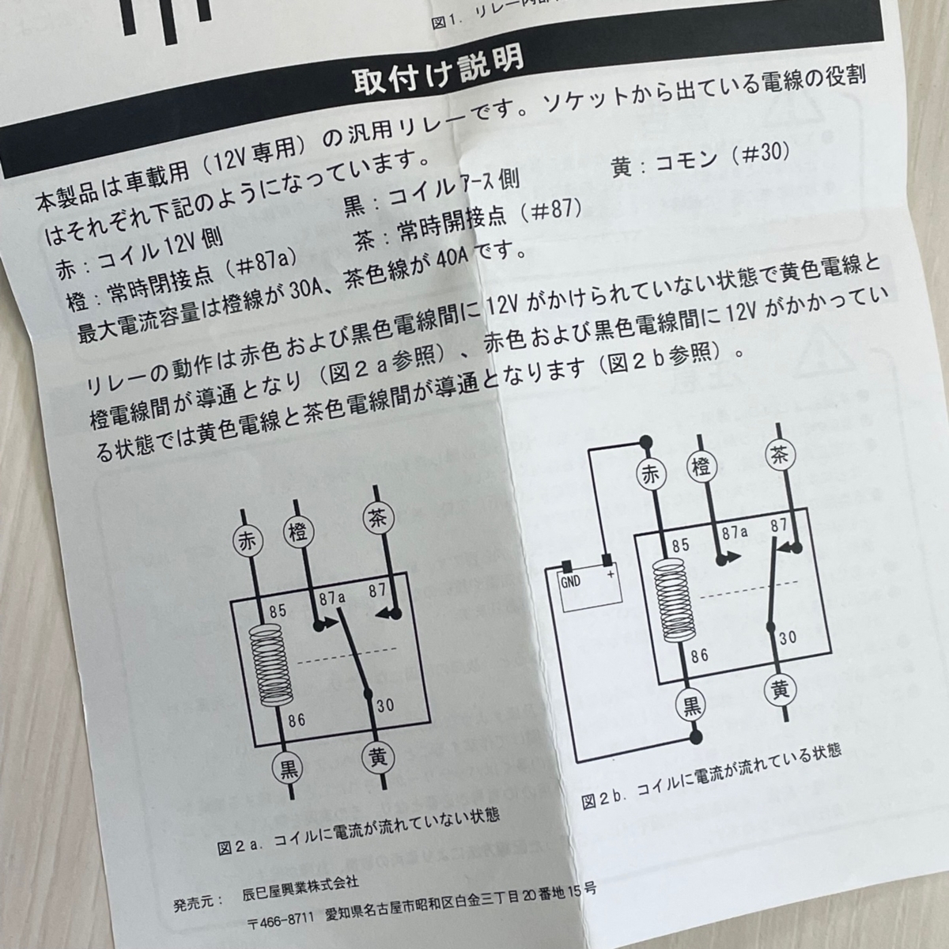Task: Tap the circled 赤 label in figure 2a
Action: (x=248, y=543)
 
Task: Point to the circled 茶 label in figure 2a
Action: (x=376, y=518)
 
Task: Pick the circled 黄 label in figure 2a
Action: (x=377, y=757)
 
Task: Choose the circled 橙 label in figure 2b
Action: (x=703, y=463)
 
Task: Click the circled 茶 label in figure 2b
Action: (x=779, y=454)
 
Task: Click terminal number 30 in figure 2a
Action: (x=385, y=705)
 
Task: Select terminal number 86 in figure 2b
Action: (x=699, y=656)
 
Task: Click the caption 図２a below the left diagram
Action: (x=236, y=847)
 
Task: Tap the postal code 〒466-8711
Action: (x=282, y=918)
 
